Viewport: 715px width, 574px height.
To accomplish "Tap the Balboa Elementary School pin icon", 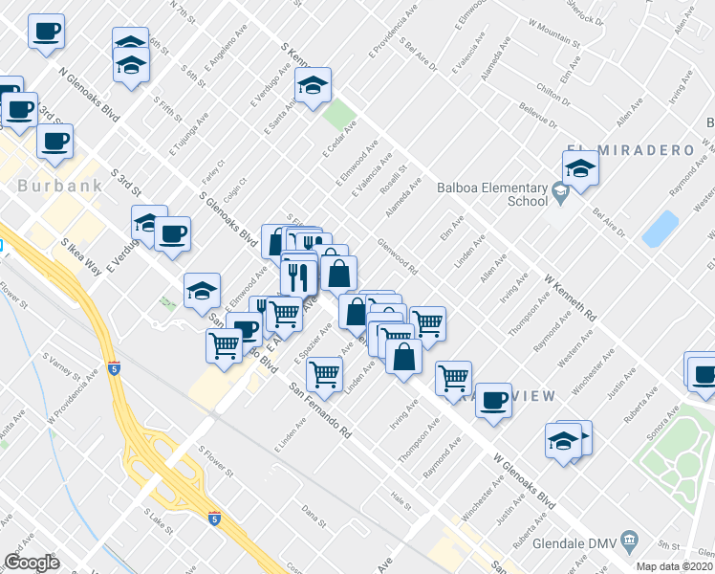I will point(560,192).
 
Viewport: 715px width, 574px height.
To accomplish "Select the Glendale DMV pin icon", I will point(629,542).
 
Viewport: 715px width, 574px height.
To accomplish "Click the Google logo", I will point(32,562).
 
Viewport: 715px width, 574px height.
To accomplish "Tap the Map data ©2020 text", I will point(675,565).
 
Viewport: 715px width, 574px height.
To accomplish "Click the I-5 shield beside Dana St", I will point(213,518).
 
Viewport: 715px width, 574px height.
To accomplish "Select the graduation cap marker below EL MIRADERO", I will point(580,170).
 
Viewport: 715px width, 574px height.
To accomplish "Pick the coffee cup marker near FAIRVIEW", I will point(494,399).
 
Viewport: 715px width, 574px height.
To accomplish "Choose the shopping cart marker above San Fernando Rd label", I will point(325,374).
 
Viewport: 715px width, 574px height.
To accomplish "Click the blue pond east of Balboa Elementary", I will point(661,229).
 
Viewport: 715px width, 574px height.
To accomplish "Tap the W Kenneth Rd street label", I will point(571,298).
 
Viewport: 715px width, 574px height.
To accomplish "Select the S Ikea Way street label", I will point(81,256).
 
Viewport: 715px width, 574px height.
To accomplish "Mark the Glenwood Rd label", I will point(399,256).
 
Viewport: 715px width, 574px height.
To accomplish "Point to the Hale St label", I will point(400,498).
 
